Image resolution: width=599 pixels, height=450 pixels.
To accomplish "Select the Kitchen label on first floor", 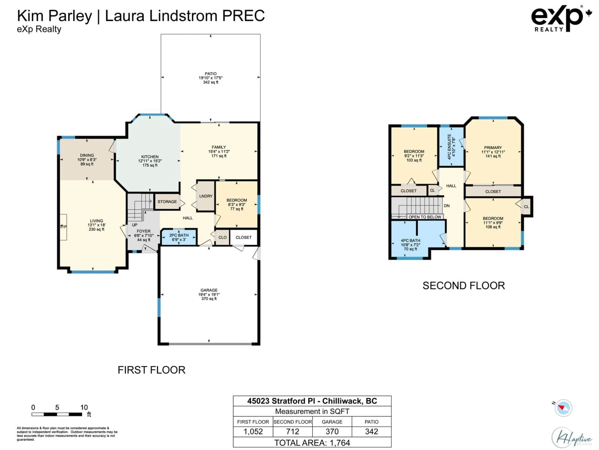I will point(150,157).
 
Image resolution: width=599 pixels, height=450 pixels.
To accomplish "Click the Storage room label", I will point(167,202).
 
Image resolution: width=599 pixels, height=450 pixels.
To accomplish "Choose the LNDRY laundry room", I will point(206,196).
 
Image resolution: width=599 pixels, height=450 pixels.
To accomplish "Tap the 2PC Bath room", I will point(179,237).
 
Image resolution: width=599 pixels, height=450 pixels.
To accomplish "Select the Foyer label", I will point(144,231).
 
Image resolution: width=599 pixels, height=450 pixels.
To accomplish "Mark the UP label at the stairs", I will point(135,225).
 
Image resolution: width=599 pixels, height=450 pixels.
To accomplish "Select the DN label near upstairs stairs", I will point(447,206).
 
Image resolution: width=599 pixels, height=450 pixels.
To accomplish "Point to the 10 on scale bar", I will point(84,407).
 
